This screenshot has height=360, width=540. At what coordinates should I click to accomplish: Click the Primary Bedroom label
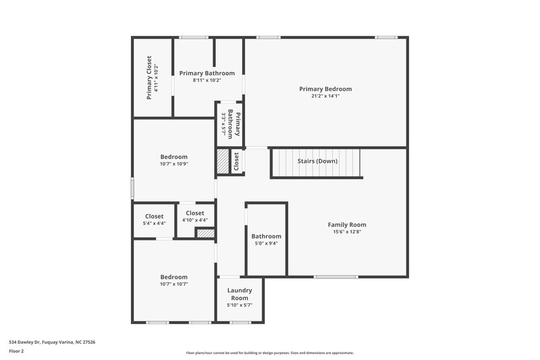(325, 88)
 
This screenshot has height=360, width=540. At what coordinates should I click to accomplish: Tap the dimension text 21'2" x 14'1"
(325, 96)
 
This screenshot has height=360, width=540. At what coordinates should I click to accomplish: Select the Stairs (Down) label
(317, 161)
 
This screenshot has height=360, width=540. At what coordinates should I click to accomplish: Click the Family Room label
(347, 224)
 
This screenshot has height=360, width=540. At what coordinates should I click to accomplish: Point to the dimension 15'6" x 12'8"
(347, 232)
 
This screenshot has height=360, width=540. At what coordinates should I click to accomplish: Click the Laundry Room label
(240, 294)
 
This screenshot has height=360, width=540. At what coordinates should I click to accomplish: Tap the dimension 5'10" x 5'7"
(240, 305)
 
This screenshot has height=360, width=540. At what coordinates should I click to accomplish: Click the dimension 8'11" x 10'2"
(207, 80)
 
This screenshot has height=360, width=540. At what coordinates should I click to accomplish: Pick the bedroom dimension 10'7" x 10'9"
(173, 164)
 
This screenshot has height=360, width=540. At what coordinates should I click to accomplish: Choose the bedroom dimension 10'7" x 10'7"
(173, 284)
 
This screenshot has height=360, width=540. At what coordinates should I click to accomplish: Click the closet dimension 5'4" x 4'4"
(154, 224)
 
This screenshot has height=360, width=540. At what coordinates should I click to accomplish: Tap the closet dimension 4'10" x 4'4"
(195, 220)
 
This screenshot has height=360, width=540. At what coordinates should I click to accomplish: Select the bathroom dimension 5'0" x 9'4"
(266, 244)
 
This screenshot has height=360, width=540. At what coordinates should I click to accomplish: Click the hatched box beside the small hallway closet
(223, 162)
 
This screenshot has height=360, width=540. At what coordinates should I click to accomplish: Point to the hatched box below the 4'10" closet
(205, 233)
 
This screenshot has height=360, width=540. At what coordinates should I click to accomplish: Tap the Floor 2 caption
(17, 351)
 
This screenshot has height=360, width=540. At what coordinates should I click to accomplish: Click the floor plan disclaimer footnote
(270, 353)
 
